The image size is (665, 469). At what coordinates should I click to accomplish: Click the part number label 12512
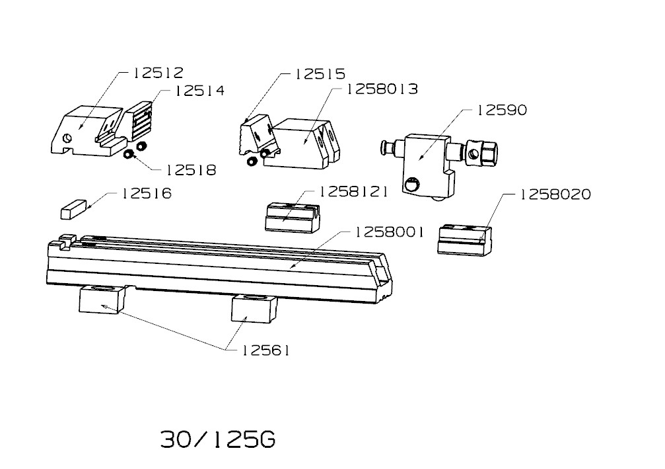point(158,73)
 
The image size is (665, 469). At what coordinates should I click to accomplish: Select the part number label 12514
point(199,91)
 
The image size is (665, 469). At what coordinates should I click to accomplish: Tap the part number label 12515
point(320,74)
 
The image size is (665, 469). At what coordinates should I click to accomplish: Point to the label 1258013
point(382,89)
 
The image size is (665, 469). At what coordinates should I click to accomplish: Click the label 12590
point(502,110)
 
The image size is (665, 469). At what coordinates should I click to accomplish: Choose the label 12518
point(191,171)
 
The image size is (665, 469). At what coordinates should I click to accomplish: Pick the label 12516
point(147,194)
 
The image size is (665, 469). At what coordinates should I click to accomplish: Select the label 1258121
point(353,192)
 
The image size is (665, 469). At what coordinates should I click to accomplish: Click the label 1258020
point(555,194)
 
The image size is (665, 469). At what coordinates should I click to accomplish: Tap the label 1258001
point(390,232)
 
